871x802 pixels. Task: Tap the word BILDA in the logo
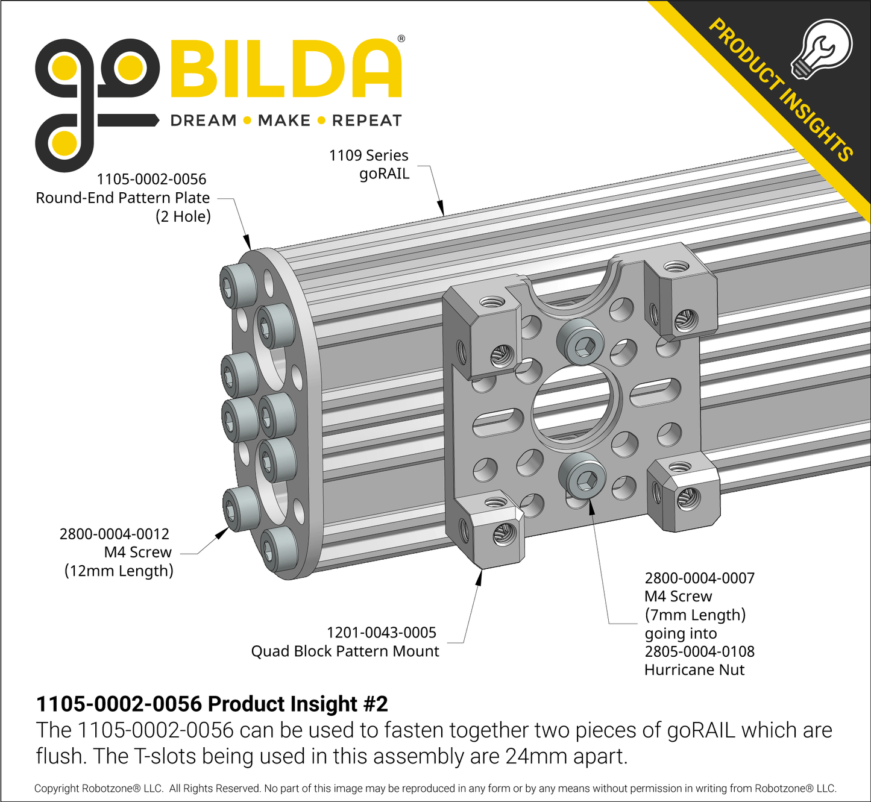pos(286,69)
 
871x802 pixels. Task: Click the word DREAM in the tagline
pos(204,121)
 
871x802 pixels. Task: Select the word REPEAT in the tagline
pos(366,121)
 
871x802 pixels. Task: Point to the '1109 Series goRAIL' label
pos(369,164)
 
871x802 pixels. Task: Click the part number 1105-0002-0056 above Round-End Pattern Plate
pos(151,179)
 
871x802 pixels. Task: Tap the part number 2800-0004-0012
pos(114,534)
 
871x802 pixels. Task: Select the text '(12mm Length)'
pos(119,571)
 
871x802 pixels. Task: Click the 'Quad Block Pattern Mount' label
pos(345,651)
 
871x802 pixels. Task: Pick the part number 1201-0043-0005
pos(381,633)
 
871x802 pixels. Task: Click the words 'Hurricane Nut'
pos(694,670)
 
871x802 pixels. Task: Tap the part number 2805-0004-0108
pos(699,651)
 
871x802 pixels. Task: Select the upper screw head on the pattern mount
pos(581,342)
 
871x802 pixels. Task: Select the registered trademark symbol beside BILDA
pos(401,39)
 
